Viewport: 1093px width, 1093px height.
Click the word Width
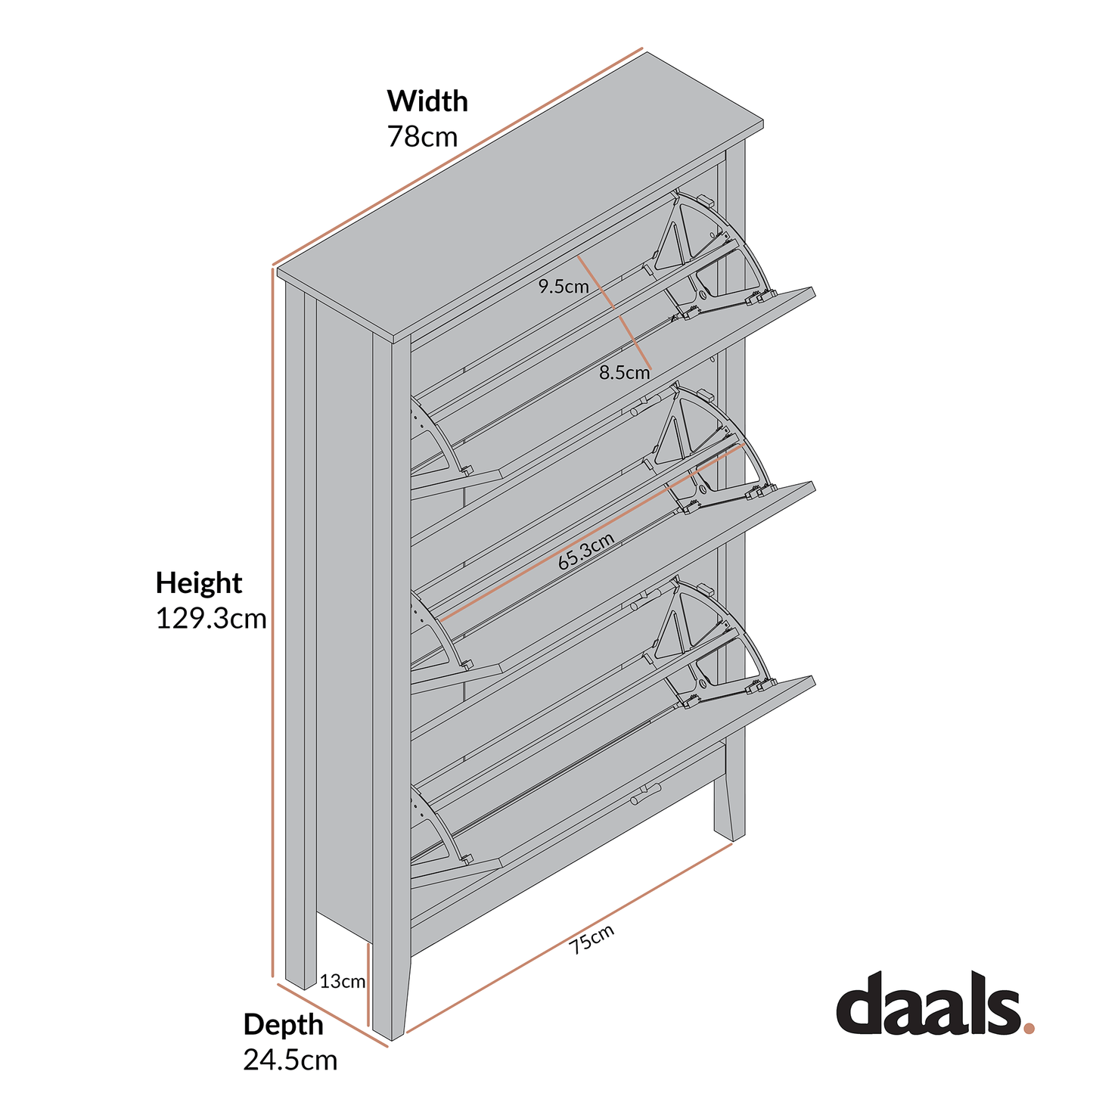(x=427, y=101)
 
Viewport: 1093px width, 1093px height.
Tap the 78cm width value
(x=422, y=137)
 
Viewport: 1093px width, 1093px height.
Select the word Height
(x=198, y=583)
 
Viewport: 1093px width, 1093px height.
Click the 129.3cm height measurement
(x=211, y=619)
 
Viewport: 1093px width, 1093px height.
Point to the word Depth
(x=283, y=1024)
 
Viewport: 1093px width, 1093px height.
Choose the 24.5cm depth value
(x=290, y=1060)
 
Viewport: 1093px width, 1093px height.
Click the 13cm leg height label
(x=342, y=982)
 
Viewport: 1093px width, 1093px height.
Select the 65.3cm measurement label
(x=585, y=551)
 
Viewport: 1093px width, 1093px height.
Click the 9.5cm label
(x=564, y=287)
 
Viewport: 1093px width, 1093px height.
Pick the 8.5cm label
(x=624, y=372)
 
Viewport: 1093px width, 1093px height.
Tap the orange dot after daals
(x=1028, y=1028)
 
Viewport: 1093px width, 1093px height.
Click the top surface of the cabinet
(x=522, y=197)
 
